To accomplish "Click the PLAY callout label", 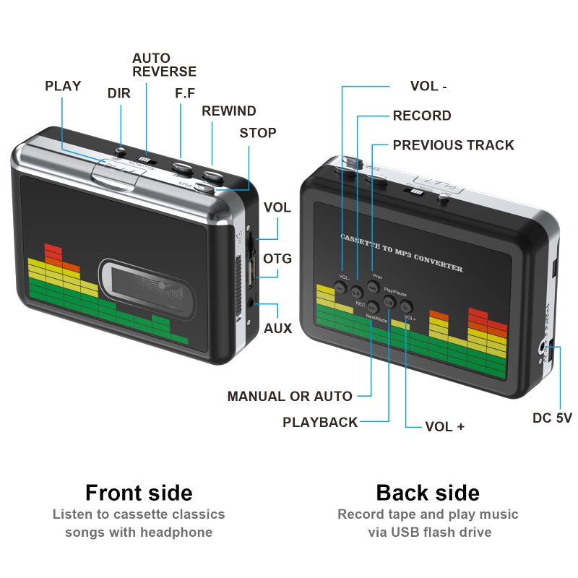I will point(63,86).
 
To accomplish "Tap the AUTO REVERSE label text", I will point(164,64).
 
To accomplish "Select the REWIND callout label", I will point(228,111).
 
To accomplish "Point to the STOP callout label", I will point(258,133).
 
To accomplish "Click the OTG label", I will point(277,259).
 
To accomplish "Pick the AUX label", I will point(277,329).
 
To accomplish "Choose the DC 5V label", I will point(552,418).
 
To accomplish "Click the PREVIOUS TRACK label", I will point(453,145).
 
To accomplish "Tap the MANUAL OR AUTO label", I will point(290,396).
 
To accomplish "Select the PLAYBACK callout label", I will point(320,423).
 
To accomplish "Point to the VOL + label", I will point(444,426).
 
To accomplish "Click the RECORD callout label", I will point(422,116).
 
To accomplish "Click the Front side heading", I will point(139,493).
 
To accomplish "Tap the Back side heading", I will point(428,493).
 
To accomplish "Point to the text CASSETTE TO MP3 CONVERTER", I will point(401,253).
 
